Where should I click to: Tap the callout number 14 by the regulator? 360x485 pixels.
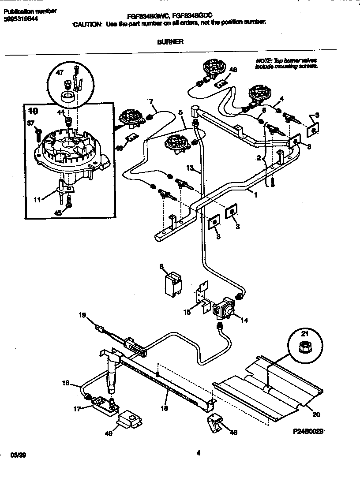244,320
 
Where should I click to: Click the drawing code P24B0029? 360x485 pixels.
308,433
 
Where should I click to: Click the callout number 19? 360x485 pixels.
82,315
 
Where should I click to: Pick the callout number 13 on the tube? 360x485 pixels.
190,168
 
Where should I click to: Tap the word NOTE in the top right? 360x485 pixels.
263,60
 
